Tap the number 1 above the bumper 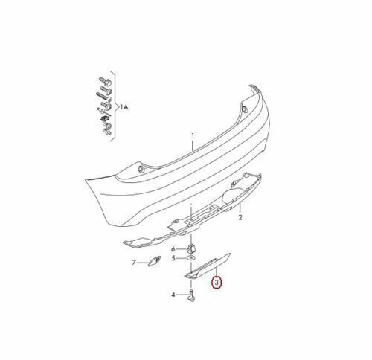point(191,135)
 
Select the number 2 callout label point(241,219)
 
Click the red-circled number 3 point(217,283)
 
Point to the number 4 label point(173,295)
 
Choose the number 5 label point(173,258)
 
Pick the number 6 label point(173,248)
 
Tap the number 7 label point(135,263)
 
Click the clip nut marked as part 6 point(190,247)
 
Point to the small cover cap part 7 point(155,261)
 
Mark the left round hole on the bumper point(141,171)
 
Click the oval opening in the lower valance point(231,197)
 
